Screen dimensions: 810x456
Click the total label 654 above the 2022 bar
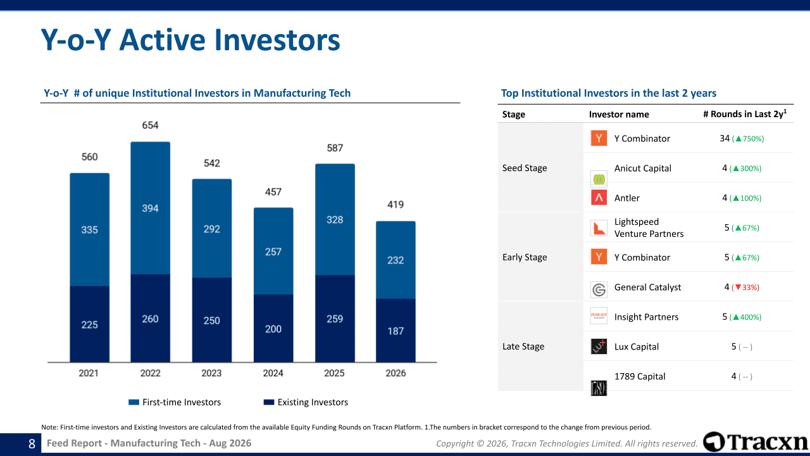tap(150, 125)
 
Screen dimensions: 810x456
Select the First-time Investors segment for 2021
tap(90, 229)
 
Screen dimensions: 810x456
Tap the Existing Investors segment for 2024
tap(273, 328)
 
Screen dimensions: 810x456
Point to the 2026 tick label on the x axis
tap(396, 373)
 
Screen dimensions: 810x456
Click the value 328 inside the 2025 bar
tap(335, 220)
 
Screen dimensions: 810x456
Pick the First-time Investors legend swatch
tap(134, 402)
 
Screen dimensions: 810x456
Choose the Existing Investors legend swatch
tap(269, 402)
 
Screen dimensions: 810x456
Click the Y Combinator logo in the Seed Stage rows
tap(599, 138)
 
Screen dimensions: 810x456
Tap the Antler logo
tap(599, 198)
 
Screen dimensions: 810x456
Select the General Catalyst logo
tap(599, 289)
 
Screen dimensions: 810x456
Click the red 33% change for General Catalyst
tap(745, 288)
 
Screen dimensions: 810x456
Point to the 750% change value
tap(748, 139)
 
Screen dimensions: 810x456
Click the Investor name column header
tap(619, 115)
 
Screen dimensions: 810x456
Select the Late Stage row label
tap(523, 346)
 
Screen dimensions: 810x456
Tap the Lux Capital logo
tap(599, 346)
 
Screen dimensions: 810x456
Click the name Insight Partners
tap(646, 317)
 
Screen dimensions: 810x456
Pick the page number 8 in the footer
tap(32, 444)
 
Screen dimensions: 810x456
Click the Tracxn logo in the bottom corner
tap(755, 442)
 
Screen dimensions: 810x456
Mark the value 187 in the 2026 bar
tap(396, 331)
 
